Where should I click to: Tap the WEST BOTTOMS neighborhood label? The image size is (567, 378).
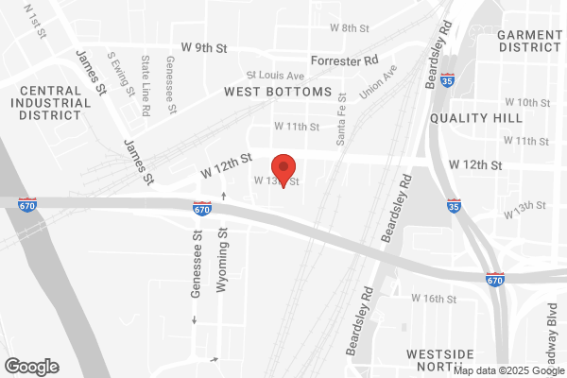click(x=278, y=92)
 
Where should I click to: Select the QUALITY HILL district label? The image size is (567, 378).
click(x=475, y=118)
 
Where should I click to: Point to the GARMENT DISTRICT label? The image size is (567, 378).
click(x=529, y=40)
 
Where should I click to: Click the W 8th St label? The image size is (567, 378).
click(x=349, y=28)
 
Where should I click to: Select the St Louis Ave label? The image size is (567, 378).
click(x=275, y=75)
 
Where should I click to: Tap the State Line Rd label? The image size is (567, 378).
click(x=146, y=85)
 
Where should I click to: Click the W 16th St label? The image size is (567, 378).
click(x=434, y=299)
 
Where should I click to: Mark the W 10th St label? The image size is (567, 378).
click(x=527, y=101)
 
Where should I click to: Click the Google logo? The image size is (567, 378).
click(x=31, y=366)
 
